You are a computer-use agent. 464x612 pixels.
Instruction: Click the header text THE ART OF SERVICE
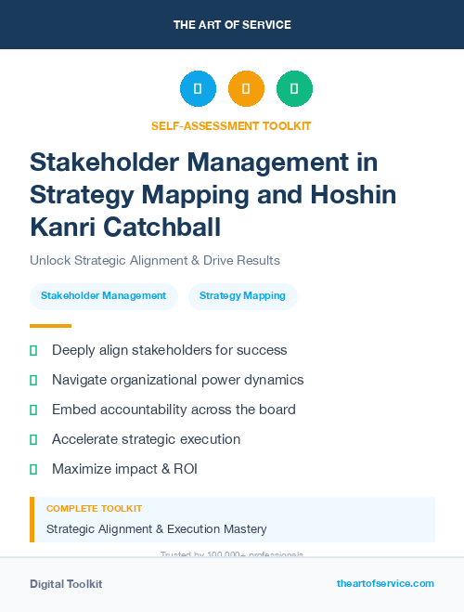click(x=232, y=25)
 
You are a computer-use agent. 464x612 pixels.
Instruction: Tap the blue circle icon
click(x=198, y=89)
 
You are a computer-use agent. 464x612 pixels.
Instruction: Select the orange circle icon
click(x=246, y=89)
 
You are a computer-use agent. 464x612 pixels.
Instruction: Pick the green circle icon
click(x=294, y=89)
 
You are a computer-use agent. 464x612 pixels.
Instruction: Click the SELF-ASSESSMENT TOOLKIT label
click(x=231, y=125)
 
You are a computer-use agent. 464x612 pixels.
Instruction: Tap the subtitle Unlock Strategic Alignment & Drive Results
click(x=155, y=260)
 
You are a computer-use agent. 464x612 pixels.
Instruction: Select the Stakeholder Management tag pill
click(x=103, y=296)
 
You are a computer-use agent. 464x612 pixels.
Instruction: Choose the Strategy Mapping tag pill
click(x=242, y=296)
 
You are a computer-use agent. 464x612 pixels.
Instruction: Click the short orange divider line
click(x=50, y=326)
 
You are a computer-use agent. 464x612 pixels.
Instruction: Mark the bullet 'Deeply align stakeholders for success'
click(x=169, y=350)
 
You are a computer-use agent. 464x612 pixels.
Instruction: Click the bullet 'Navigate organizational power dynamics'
click(x=177, y=380)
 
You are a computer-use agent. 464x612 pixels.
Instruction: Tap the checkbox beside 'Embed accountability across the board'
click(x=33, y=410)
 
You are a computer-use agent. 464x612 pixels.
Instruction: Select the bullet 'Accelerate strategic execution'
click(x=146, y=439)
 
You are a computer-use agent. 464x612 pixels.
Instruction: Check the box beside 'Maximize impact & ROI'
click(x=33, y=469)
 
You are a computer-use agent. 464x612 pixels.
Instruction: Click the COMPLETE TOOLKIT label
click(x=94, y=509)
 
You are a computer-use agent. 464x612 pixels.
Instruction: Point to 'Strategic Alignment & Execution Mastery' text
click(x=156, y=528)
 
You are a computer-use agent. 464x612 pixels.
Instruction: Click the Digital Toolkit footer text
click(x=66, y=584)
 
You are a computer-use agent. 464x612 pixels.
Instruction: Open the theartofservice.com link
click(x=385, y=583)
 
